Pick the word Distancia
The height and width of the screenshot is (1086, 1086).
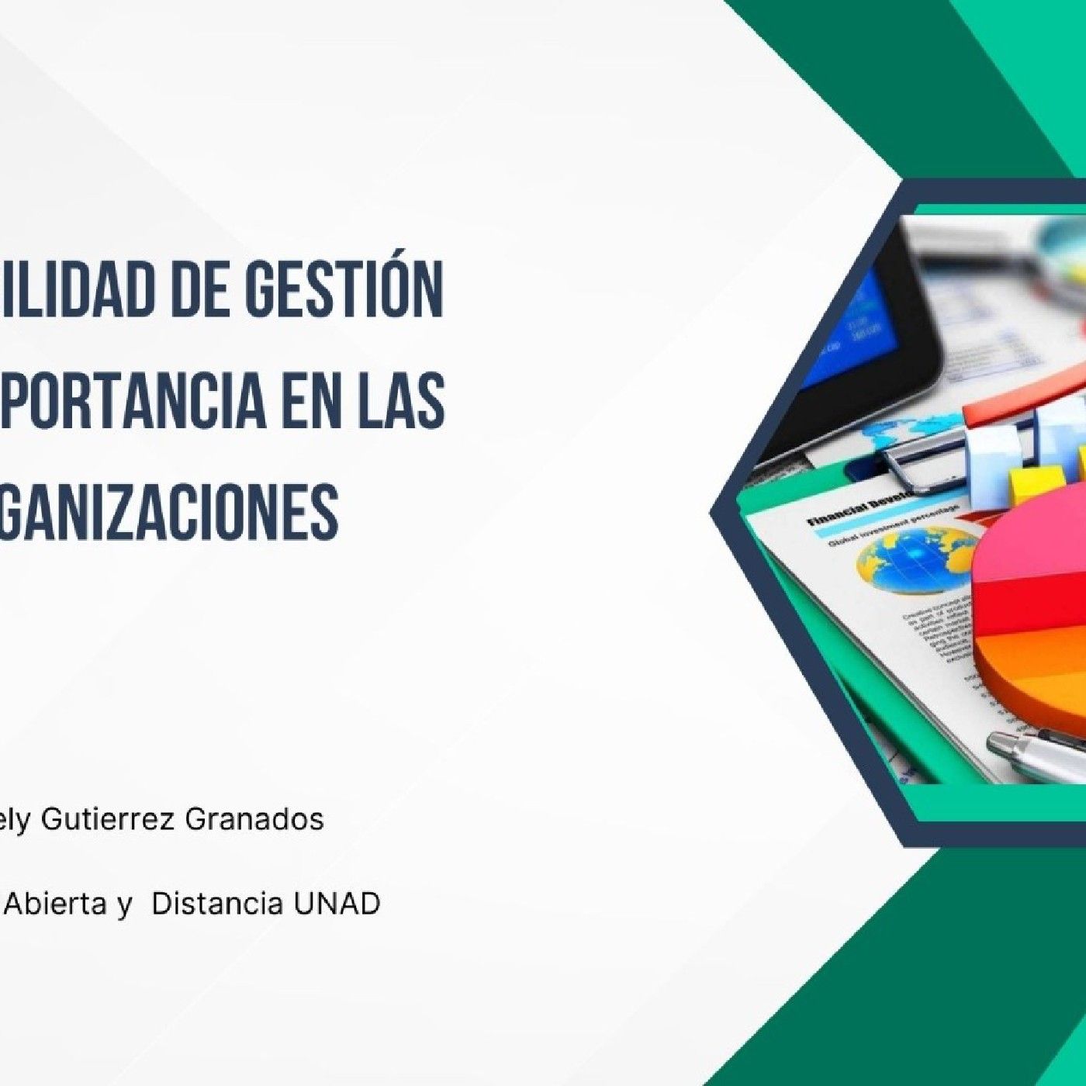click(217, 904)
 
